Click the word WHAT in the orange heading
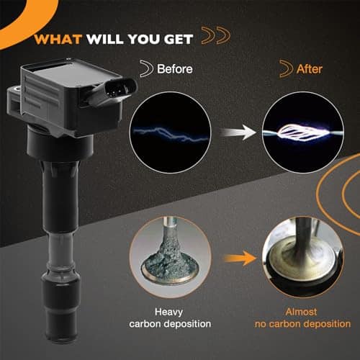58,39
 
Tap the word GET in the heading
179,39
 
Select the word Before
175,69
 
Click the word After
310,69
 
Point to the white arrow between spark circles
238,132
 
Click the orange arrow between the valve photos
240,258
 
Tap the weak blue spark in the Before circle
171,134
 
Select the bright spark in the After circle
303,132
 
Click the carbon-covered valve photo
170,257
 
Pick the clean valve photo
303,257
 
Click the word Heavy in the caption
168,312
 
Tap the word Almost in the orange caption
301,312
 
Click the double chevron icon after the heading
216,35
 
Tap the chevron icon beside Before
147,68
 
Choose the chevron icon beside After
287,68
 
